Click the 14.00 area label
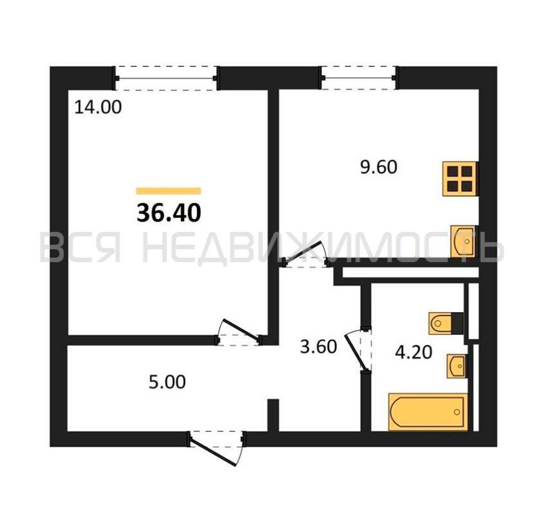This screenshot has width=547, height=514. click(98, 107)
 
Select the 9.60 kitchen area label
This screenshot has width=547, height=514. click(379, 167)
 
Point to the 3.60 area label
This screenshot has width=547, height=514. click(318, 347)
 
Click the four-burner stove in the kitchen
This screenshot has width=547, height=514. click(460, 179)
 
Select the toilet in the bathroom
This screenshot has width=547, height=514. click(446, 323)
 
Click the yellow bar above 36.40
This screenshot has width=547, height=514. click(169, 191)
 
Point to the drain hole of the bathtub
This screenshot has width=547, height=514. click(457, 412)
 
